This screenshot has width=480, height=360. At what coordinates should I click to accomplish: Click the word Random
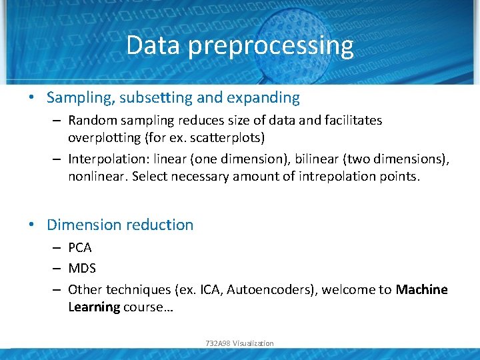(89, 121)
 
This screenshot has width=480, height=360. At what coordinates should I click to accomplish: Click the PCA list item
(80, 247)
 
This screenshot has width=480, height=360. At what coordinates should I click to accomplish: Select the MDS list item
(82, 269)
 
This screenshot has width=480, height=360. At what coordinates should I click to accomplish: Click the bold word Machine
(421, 289)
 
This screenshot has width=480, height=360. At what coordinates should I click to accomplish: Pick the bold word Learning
(94, 307)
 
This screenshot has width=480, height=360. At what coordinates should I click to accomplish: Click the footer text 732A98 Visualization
(240, 343)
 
